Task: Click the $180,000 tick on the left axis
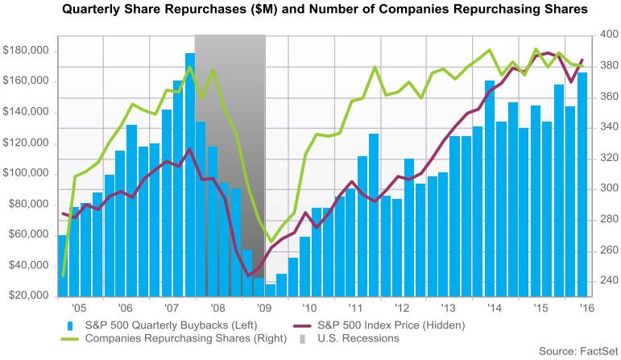[x=26, y=51]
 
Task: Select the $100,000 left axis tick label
[x=26, y=173]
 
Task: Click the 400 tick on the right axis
[x=607, y=35]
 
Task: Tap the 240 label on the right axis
[x=607, y=281]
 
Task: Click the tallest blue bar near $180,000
[x=190, y=174]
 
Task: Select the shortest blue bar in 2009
[x=271, y=289]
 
